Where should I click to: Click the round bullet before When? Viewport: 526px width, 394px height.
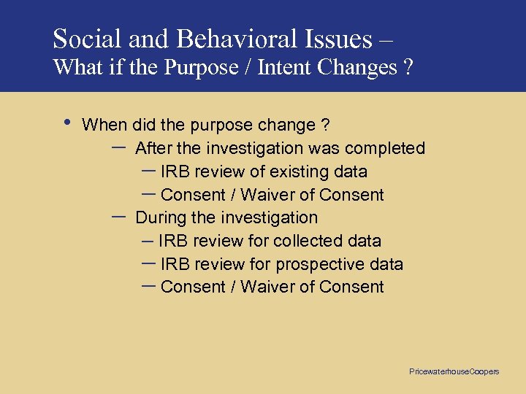click(x=67, y=122)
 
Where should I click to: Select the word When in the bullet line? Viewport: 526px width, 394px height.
click(x=104, y=125)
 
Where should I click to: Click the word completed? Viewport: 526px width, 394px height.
click(x=385, y=149)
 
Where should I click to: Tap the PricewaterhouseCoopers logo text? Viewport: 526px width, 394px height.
click(x=454, y=371)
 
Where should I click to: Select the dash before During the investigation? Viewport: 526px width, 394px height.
click(x=118, y=217)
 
